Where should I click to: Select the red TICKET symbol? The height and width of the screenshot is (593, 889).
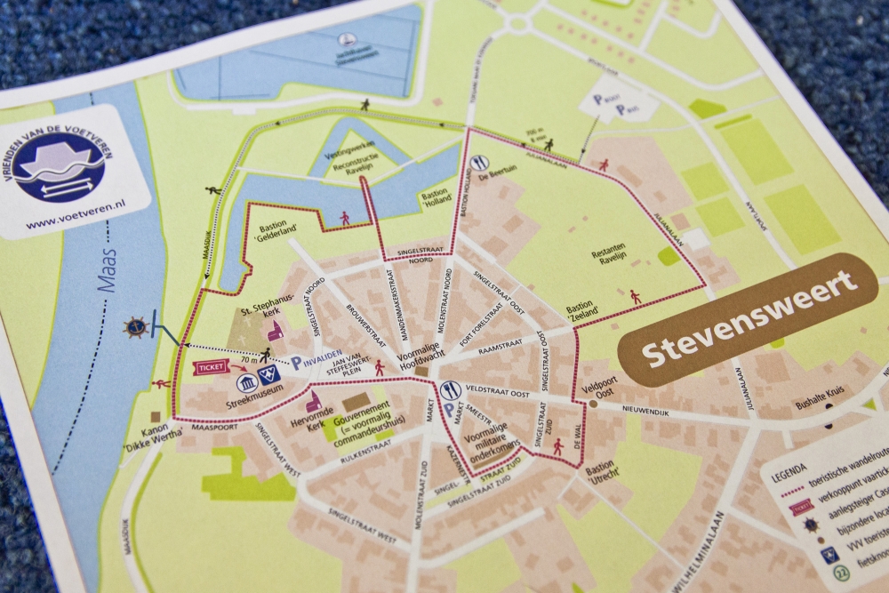tap(211, 365)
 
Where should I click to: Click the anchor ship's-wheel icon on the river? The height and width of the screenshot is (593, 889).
tap(136, 326)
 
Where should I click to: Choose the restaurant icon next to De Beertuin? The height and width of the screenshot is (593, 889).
tap(480, 163)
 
